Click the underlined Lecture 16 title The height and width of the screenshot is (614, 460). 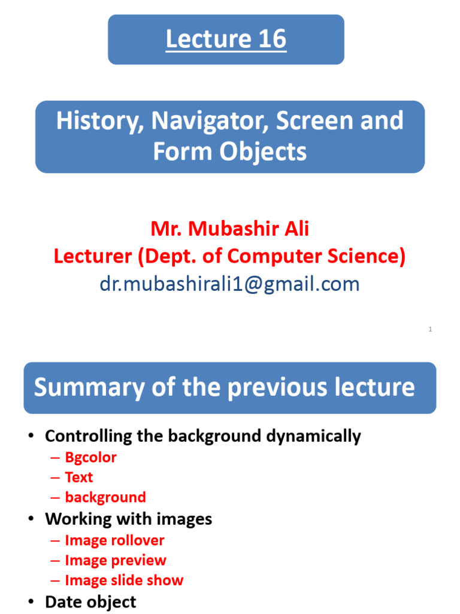[226, 40]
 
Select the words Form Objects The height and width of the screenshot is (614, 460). [229, 152]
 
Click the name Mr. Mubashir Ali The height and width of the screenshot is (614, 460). [229, 228]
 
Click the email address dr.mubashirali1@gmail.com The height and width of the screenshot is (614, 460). [229, 284]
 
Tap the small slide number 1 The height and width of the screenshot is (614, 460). [430, 329]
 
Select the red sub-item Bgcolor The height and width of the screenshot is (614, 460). [90, 458]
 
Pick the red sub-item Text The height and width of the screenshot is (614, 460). [79, 477]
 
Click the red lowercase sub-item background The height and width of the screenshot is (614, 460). [105, 497]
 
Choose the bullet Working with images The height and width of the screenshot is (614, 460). [128, 519]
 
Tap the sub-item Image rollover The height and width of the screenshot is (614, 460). [114, 540]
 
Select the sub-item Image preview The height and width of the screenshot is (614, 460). [116, 561]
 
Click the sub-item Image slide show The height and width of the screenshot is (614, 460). [124, 580]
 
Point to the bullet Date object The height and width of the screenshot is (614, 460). [90, 601]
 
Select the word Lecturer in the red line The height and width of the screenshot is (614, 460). [92, 256]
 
